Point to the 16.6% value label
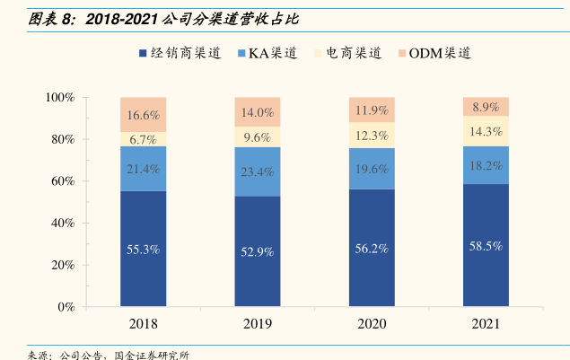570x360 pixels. tap(144, 115)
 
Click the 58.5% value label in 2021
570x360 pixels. tap(486, 245)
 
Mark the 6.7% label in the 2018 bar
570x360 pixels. tap(144, 140)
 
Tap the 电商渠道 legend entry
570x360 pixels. tap(349, 53)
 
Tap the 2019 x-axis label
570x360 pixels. tap(258, 323)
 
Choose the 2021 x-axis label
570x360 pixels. tap(486, 323)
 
